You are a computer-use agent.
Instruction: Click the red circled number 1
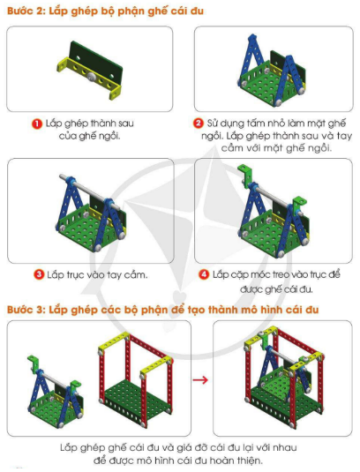coord(37,124)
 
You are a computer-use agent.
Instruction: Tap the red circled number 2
coord(198,124)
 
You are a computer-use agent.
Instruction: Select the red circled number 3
coord(39,275)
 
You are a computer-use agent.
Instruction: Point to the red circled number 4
coord(204,274)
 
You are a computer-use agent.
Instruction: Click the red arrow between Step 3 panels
coord(200,379)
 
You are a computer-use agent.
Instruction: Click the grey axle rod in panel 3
coord(89,191)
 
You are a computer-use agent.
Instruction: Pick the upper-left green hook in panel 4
coord(245,176)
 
